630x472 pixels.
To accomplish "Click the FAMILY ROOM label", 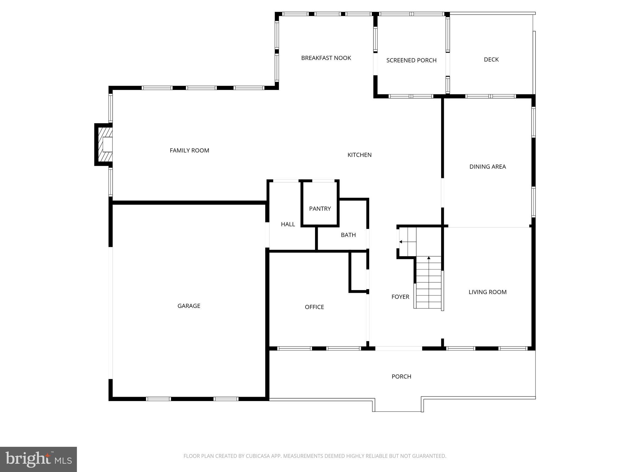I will (x=189, y=150).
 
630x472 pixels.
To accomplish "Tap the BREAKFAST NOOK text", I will (x=326, y=58).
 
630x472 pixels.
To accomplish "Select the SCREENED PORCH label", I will (x=411, y=60).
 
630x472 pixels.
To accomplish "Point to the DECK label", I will (x=491, y=60).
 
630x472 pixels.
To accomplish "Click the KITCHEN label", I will (x=359, y=155).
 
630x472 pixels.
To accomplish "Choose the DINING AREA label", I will (x=487, y=167).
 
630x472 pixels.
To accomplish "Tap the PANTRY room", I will (x=320, y=209).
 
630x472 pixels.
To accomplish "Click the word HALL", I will (x=288, y=224).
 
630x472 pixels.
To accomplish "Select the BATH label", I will (x=348, y=235).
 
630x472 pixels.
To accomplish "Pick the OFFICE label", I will (x=314, y=307).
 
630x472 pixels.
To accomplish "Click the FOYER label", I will (x=400, y=297).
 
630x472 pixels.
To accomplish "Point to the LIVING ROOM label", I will (x=487, y=292).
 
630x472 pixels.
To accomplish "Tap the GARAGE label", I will (x=189, y=306).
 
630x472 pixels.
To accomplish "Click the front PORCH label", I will (x=401, y=376).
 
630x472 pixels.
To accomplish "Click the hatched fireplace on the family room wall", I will (x=104, y=144).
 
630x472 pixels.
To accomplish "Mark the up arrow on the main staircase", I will (x=429, y=258).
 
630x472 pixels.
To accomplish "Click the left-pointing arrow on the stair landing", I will (x=401, y=242).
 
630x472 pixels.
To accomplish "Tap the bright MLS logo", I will (x=38, y=459).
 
